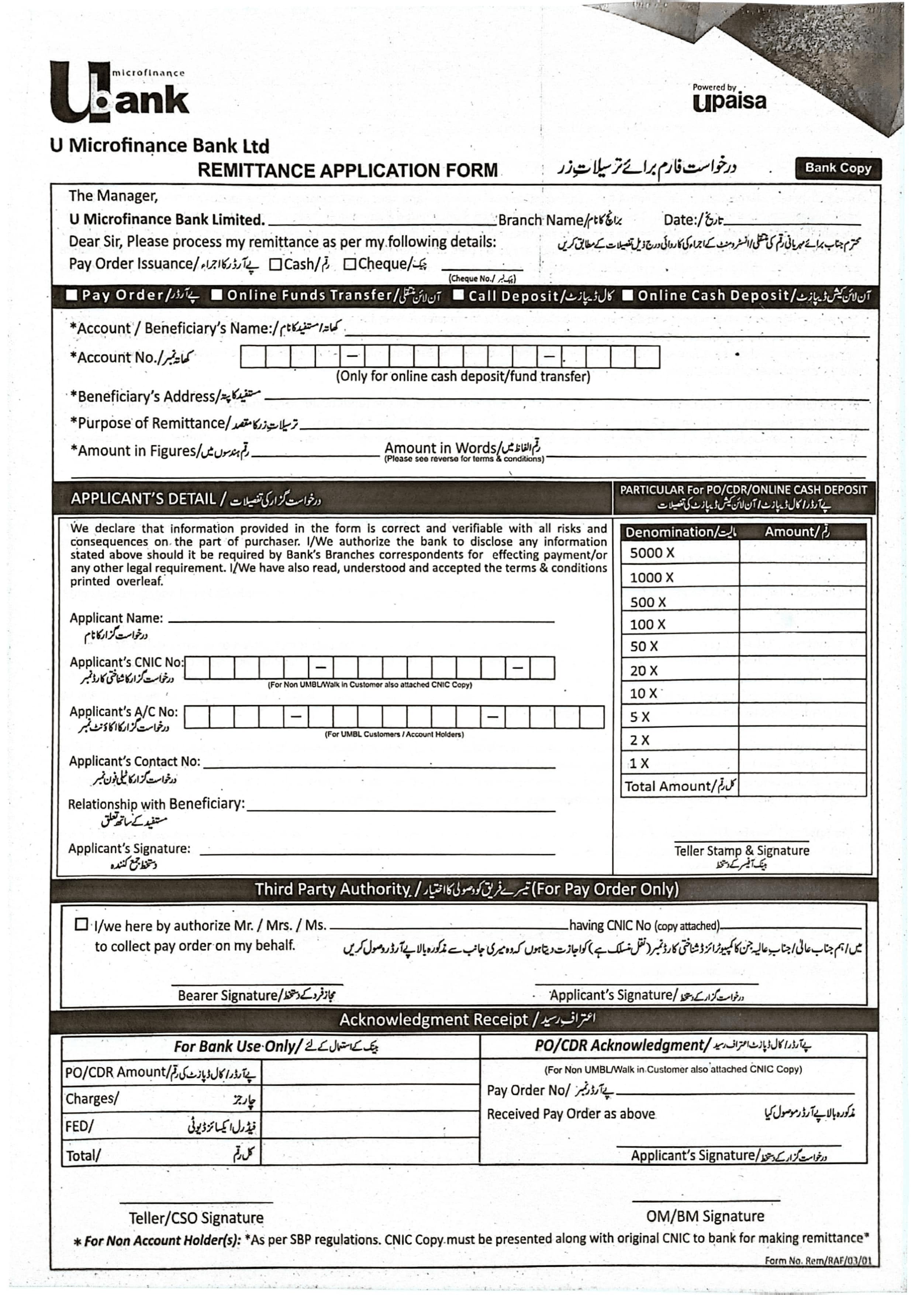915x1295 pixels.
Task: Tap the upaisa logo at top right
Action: pos(729,97)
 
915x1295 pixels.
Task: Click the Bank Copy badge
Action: pos(838,168)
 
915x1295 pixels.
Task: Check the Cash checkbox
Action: pos(275,264)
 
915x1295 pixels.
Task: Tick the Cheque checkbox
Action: pos(349,264)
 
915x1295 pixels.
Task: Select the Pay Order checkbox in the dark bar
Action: pos(72,295)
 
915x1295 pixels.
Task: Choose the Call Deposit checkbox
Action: pos(458,295)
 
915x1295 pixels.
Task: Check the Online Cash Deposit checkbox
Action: pos(628,295)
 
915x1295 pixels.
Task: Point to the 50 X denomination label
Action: pos(644,646)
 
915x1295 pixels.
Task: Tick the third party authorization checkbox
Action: pos(81,924)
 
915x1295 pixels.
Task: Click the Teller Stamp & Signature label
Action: pos(741,850)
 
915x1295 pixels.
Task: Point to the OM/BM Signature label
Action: pos(705,1216)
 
